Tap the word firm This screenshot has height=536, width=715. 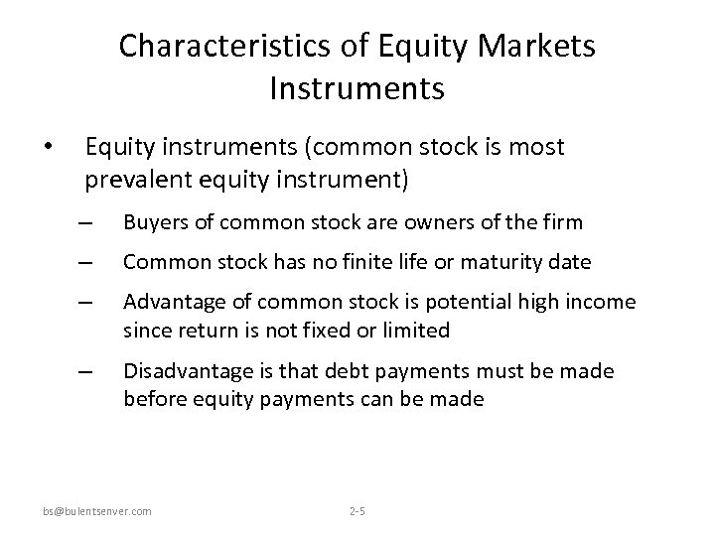click(562, 222)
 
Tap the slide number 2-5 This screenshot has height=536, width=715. click(357, 511)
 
